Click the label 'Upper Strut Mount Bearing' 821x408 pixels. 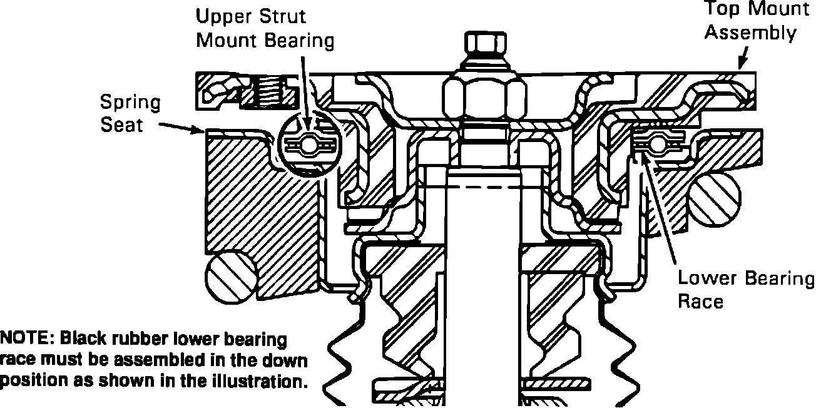pos(265,28)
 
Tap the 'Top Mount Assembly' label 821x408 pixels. pos(749,21)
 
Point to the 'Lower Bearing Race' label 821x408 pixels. pos(746,290)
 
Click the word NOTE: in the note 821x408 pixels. pos(26,340)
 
